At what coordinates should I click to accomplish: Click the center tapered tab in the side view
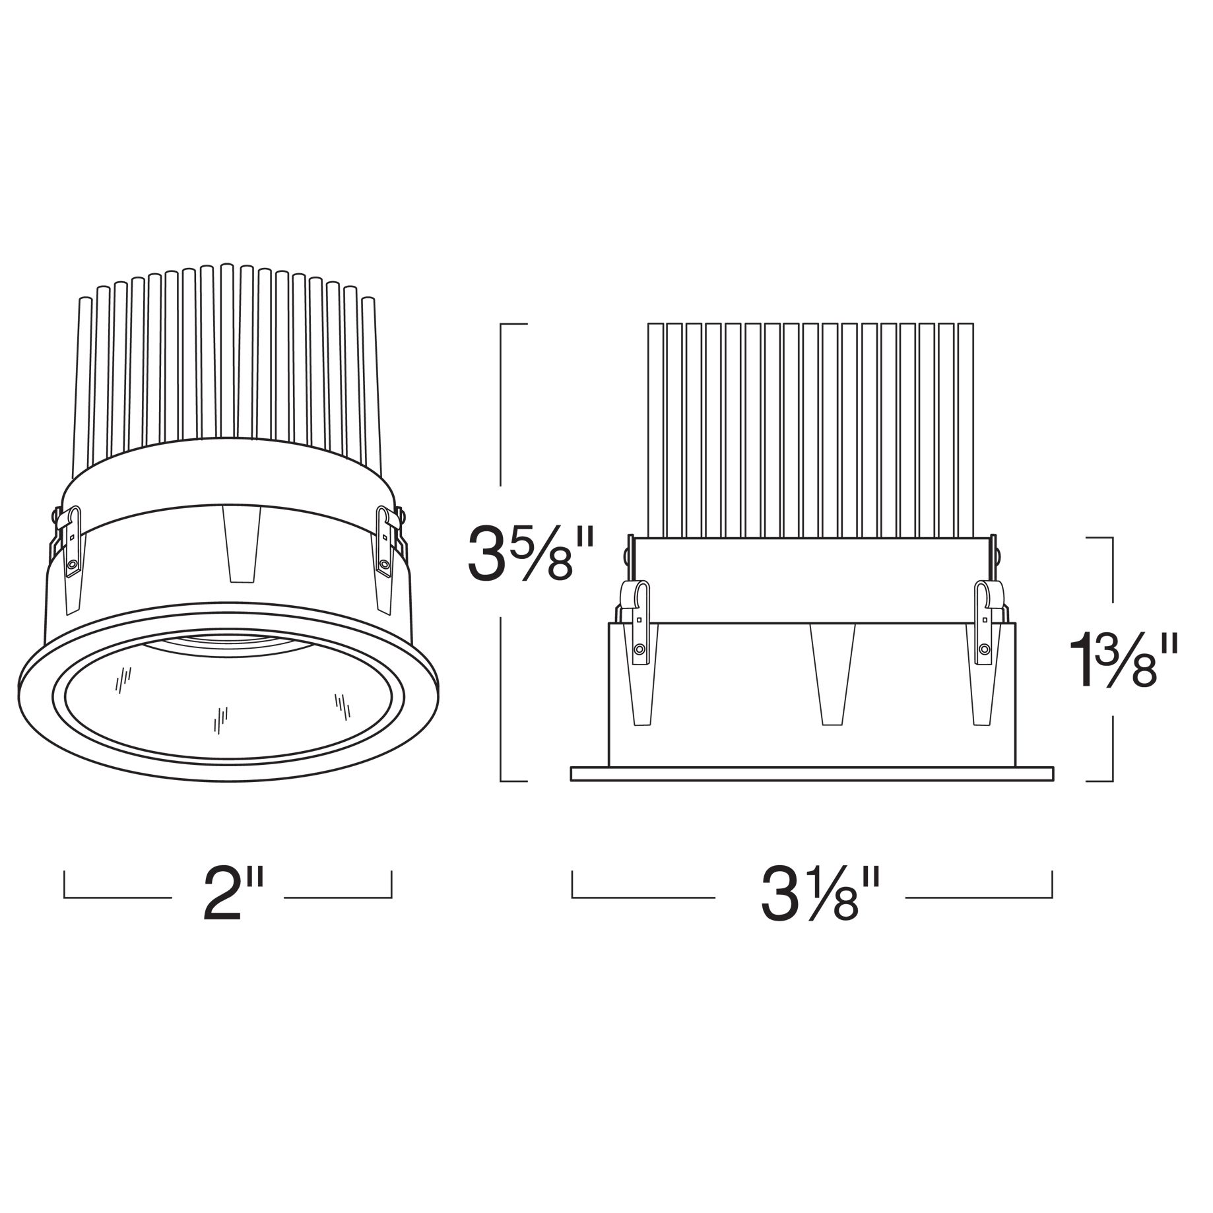pyautogui.click(x=832, y=673)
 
